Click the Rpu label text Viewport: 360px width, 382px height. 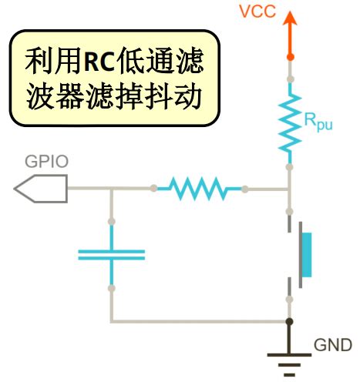tap(318, 122)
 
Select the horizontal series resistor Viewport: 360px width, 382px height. tap(200, 188)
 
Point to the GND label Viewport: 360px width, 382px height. tap(332, 344)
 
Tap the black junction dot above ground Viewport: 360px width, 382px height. tap(290, 321)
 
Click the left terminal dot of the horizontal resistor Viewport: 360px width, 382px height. tap(155, 188)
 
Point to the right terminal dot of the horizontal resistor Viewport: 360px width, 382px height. tap(245, 188)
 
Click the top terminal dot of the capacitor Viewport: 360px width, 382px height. tap(113, 222)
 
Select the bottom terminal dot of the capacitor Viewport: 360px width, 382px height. tap(113, 288)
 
